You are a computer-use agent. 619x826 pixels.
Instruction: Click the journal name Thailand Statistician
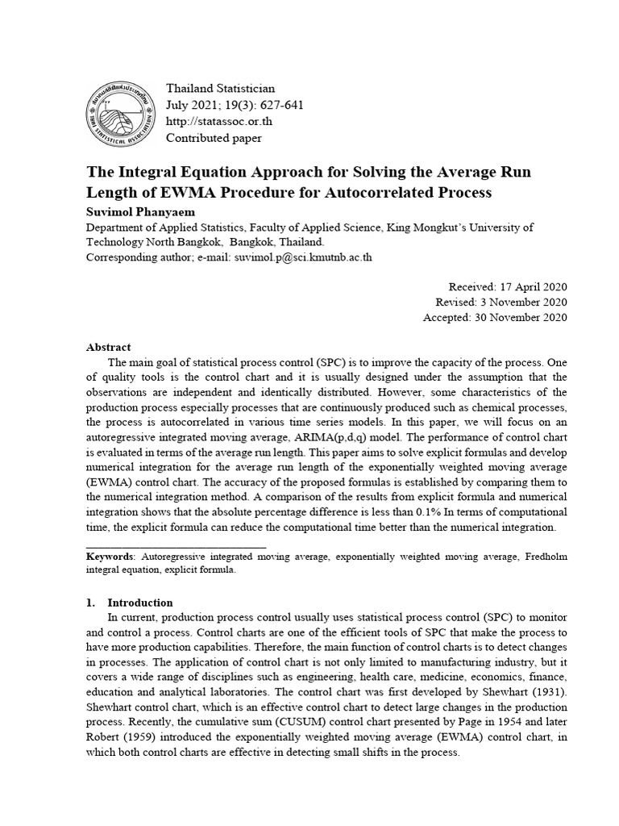pyautogui.click(x=220, y=88)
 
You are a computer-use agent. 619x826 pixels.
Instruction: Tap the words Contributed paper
pyautogui.click(x=214, y=138)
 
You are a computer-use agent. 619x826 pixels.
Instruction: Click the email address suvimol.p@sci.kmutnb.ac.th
pyautogui.click(x=304, y=257)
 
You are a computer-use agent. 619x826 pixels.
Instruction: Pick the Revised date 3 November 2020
pyautogui.click(x=525, y=302)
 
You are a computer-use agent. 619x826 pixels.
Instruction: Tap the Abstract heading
pyautogui.click(x=108, y=347)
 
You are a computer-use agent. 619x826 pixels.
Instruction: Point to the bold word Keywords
pyautogui.click(x=111, y=557)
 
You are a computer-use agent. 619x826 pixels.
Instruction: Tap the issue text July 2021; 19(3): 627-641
pyautogui.click(x=235, y=105)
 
